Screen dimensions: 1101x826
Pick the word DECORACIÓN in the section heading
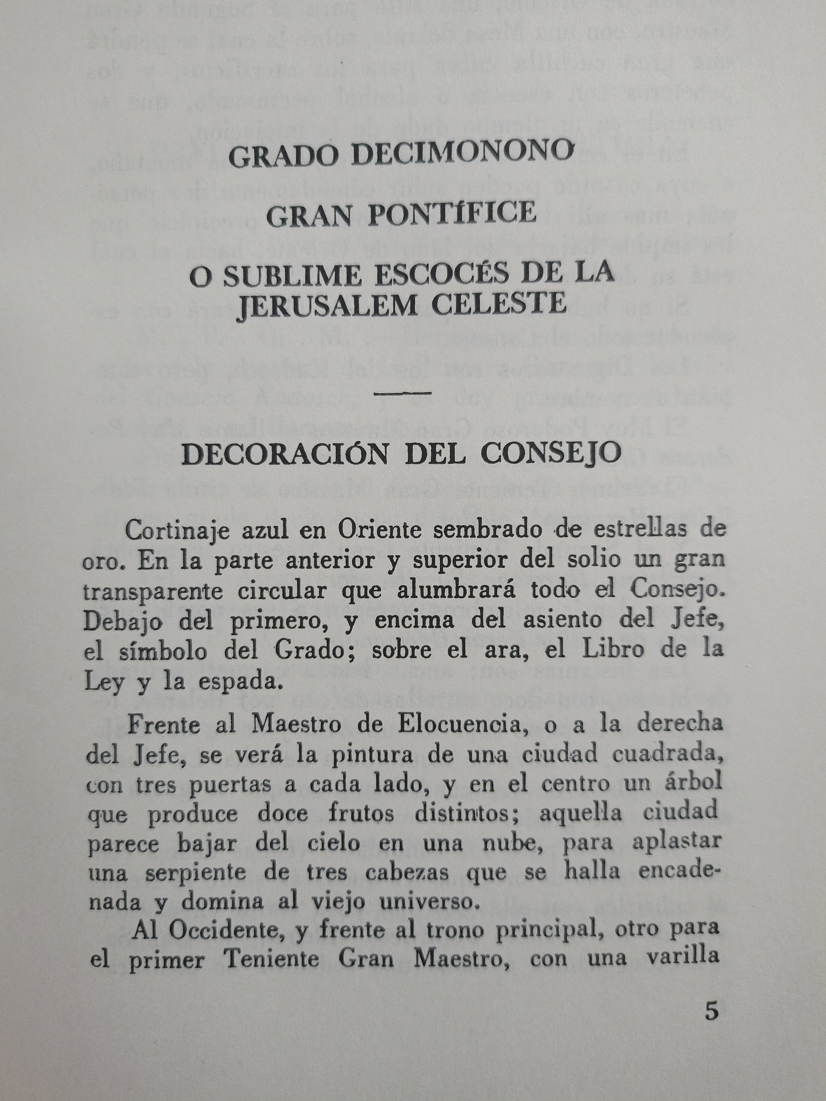284,454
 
